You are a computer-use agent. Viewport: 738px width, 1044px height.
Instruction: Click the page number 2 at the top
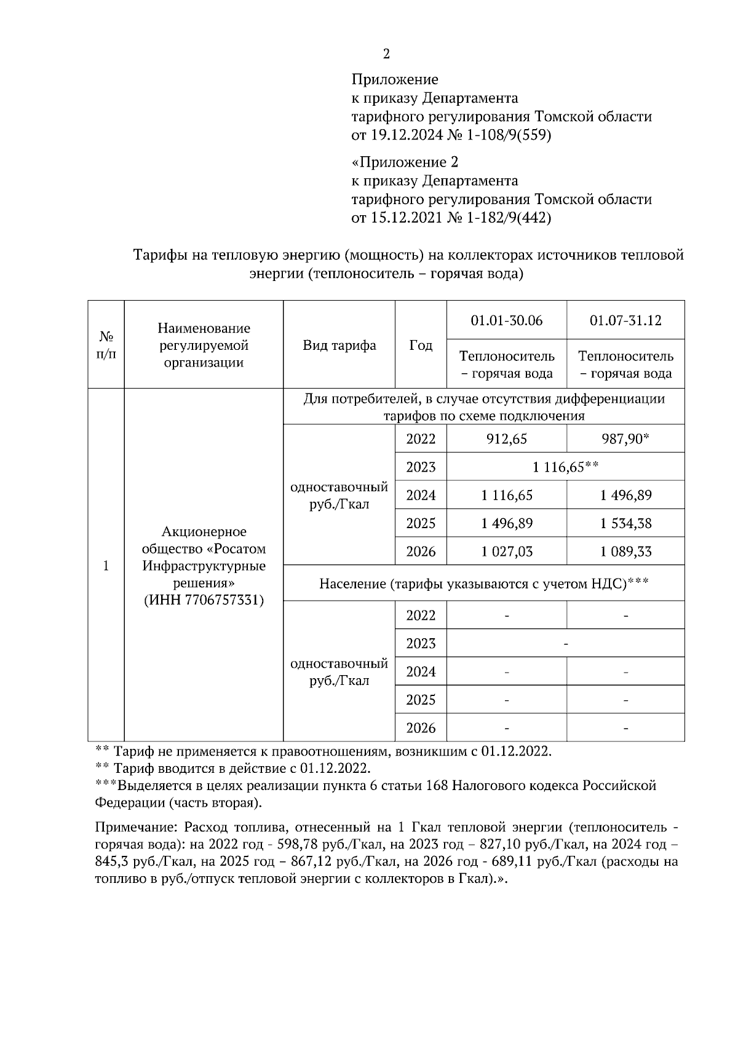(x=386, y=54)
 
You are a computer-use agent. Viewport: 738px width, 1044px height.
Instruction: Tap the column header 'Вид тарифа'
(x=339, y=346)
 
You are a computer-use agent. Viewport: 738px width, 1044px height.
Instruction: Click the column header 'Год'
(x=421, y=346)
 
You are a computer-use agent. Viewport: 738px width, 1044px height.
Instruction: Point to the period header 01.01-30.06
(x=506, y=320)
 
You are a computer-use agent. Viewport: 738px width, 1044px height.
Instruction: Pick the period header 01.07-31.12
(x=625, y=320)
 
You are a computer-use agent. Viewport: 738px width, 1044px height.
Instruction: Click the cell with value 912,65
(x=506, y=439)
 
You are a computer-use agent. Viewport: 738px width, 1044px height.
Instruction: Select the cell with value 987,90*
(x=625, y=439)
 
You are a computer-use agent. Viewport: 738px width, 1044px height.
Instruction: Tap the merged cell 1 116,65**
(x=565, y=467)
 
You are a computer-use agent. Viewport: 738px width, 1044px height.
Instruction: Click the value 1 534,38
(x=625, y=523)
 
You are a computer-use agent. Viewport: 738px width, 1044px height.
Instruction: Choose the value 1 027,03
(x=506, y=552)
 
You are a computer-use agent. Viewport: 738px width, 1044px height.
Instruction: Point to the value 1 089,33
(x=625, y=552)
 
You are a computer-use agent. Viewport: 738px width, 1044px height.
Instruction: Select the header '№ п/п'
(x=106, y=346)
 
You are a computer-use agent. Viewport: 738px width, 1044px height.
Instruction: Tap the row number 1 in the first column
(x=106, y=566)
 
